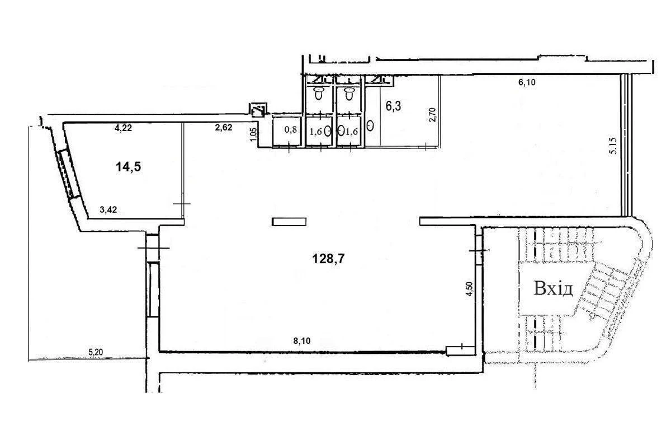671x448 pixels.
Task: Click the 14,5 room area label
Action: pyautogui.click(x=128, y=167)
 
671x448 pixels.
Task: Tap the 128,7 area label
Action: pyautogui.click(x=328, y=258)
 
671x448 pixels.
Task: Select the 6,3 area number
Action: pyautogui.click(x=393, y=106)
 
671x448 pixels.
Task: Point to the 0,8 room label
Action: pyautogui.click(x=291, y=129)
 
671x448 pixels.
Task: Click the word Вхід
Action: pyautogui.click(x=553, y=288)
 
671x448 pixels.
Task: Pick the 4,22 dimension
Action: pyautogui.click(x=123, y=128)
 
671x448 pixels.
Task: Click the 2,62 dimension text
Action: pyautogui.click(x=224, y=128)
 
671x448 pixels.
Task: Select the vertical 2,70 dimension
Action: pyautogui.click(x=433, y=115)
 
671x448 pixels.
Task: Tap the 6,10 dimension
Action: pyautogui.click(x=527, y=82)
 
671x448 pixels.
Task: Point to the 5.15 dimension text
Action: pyautogui.click(x=613, y=146)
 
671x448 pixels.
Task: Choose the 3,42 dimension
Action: pyautogui.click(x=108, y=209)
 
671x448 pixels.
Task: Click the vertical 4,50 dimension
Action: pyautogui.click(x=469, y=289)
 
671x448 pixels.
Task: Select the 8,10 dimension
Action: pyautogui.click(x=301, y=341)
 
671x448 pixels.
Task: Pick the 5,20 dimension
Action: pyautogui.click(x=96, y=352)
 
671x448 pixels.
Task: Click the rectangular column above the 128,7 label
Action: pyautogui.click(x=289, y=222)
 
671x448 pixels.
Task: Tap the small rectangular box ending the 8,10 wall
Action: pyautogui.click(x=460, y=351)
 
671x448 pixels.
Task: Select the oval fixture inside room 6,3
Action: pyautogui.click(x=370, y=125)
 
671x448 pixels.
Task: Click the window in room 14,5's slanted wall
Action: pyautogui.click(x=69, y=174)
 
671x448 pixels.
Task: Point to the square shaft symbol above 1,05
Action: pyautogui.click(x=258, y=110)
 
